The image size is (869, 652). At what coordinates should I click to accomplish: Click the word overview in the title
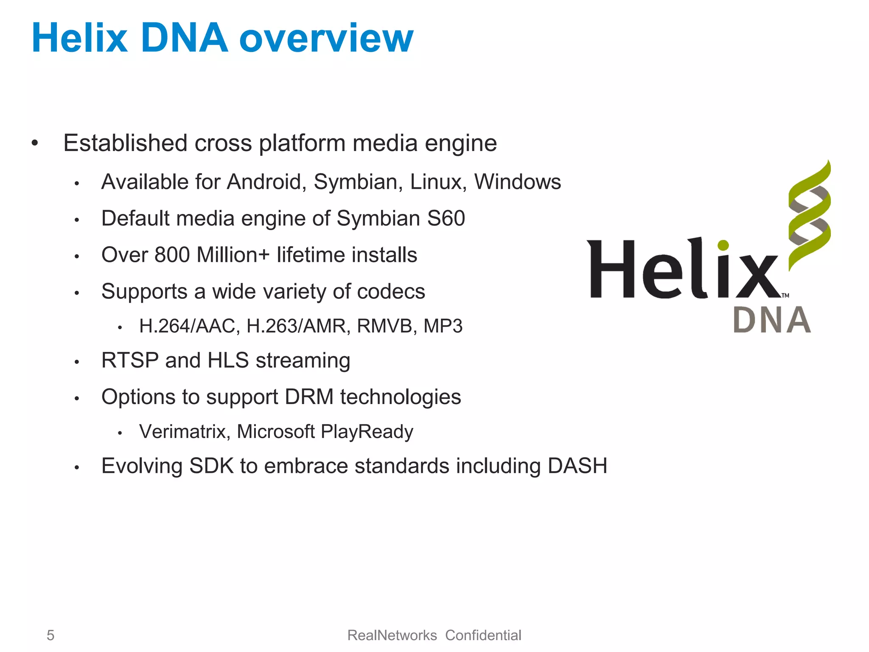pyautogui.click(x=326, y=39)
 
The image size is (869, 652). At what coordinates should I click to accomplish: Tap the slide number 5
pyautogui.click(x=50, y=635)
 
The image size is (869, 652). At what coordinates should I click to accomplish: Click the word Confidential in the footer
pyautogui.click(x=483, y=635)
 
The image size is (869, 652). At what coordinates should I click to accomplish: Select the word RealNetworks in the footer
pyautogui.click(x=392, y=635)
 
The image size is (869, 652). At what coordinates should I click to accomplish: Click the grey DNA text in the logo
pyautogui.click(x=772, y=320)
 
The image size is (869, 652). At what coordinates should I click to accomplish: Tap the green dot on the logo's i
pyautogui.click(x=723, y=245)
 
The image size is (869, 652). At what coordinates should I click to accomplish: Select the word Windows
pyautogui.click(x=517, y=182)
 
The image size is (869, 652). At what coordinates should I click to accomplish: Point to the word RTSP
pyautogui.click(x=130, y=360)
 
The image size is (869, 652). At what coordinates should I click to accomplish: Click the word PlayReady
pyautogui.click(x=367, y=432)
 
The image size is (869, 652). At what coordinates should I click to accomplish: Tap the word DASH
pyautogui.click(x=577, y=466)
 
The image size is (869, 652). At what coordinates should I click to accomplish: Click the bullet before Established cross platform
pyautogui.click(x=35, y=143)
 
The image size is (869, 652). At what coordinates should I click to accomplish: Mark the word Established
pyautogui.click(x=125, y=143)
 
